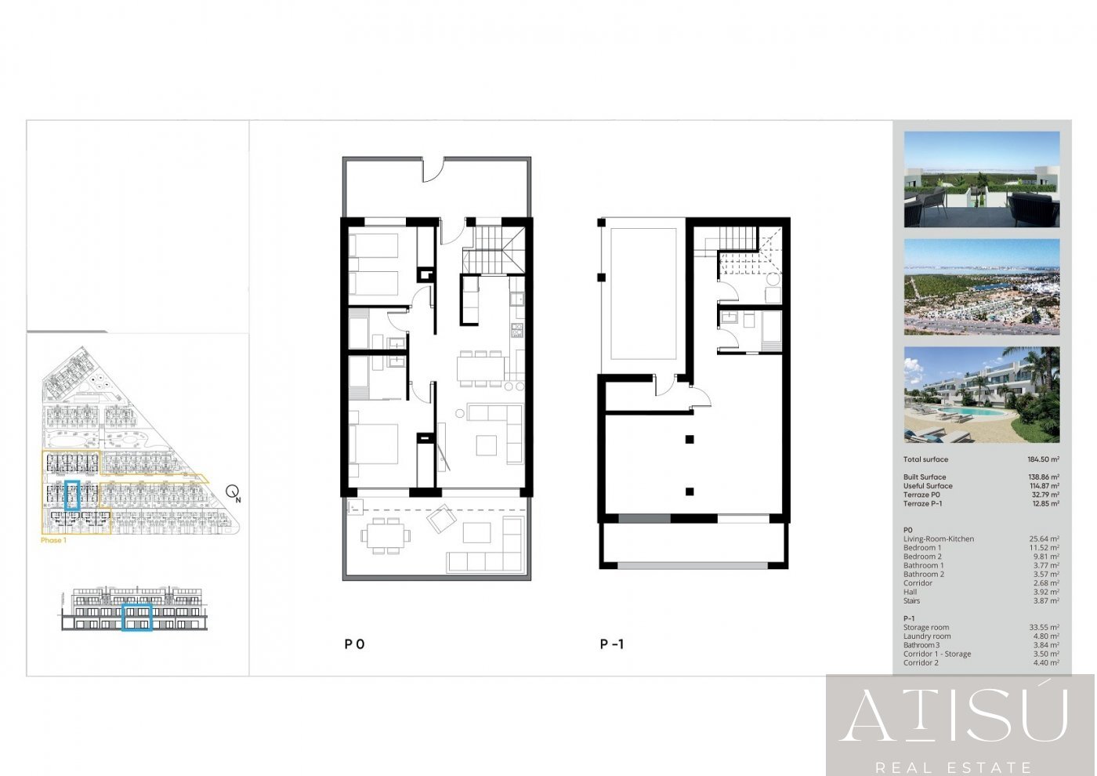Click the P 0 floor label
[x=354, y=644]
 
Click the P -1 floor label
[x=612, y=644]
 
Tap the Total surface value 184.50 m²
[x=1044, y=459]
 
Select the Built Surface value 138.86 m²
[x=1044, y=477]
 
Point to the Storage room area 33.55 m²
[x=1044, y=627]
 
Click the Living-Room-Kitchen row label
[x=939, y=538]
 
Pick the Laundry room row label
[x=927, y=636]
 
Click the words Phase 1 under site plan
[x=53, y=540]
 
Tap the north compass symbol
[x=233, y=492]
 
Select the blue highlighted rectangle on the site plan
[x=72, y=495]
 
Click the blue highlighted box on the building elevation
[x=137, y=617]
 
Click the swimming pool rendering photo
[x=981, y=395]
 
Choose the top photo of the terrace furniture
[x=981, y=179]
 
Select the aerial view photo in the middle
[x=981, y=287]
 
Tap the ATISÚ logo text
[x=954, y=714]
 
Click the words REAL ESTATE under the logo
[x=954, y=767]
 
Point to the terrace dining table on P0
[x=384, y=537]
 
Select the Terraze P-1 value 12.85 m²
[x=1044, y=504]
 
